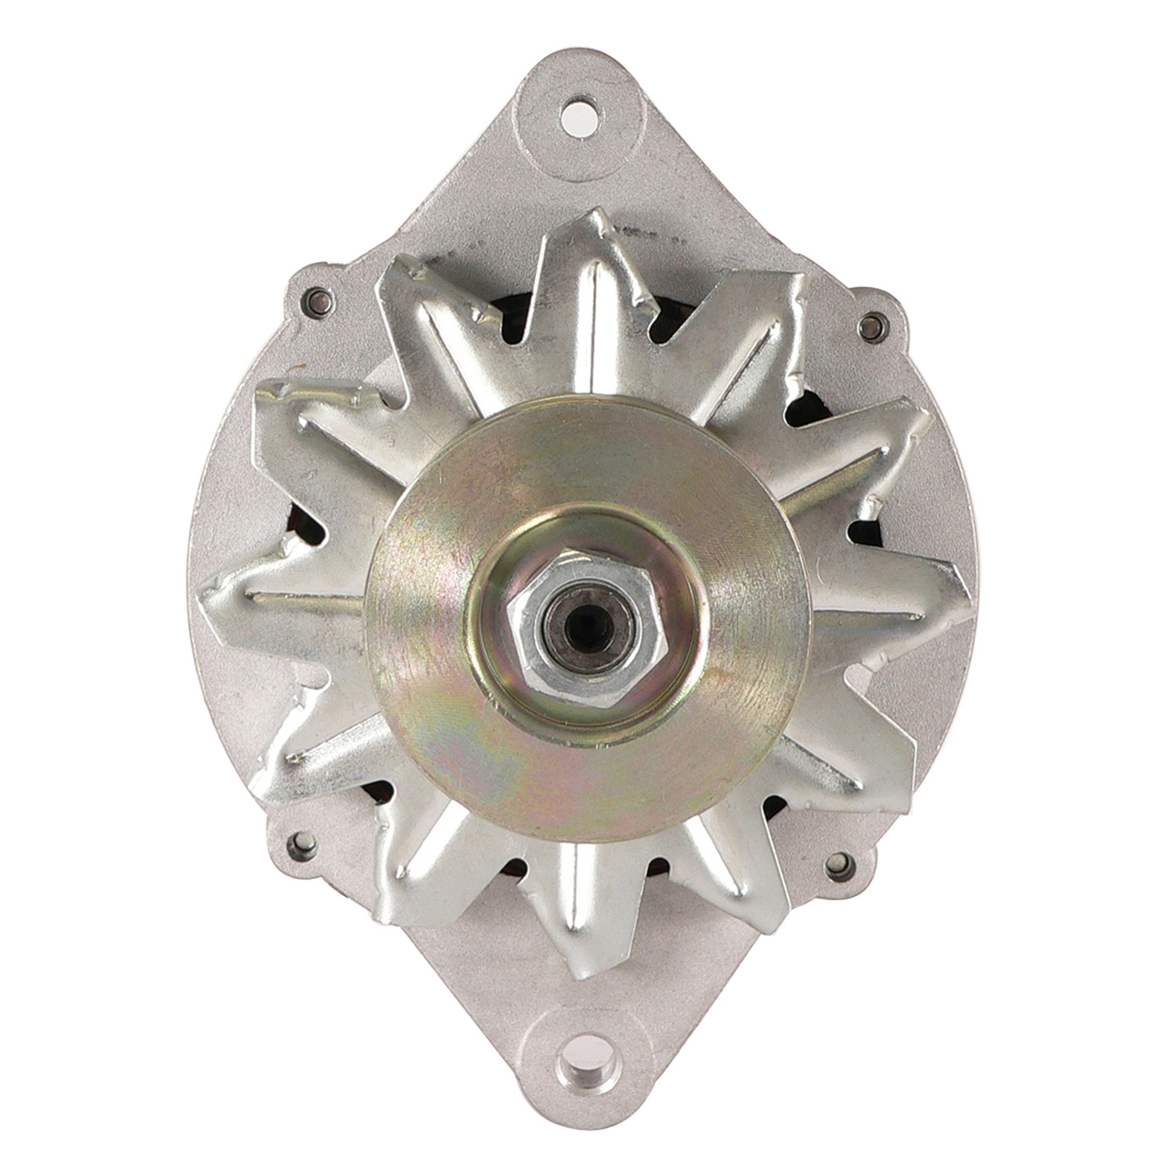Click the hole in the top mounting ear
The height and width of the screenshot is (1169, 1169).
click(x=579, y=115)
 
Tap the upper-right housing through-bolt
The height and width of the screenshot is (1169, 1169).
click(x=871, y=325)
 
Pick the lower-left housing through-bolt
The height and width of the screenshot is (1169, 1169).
click(x=302, y=846)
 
